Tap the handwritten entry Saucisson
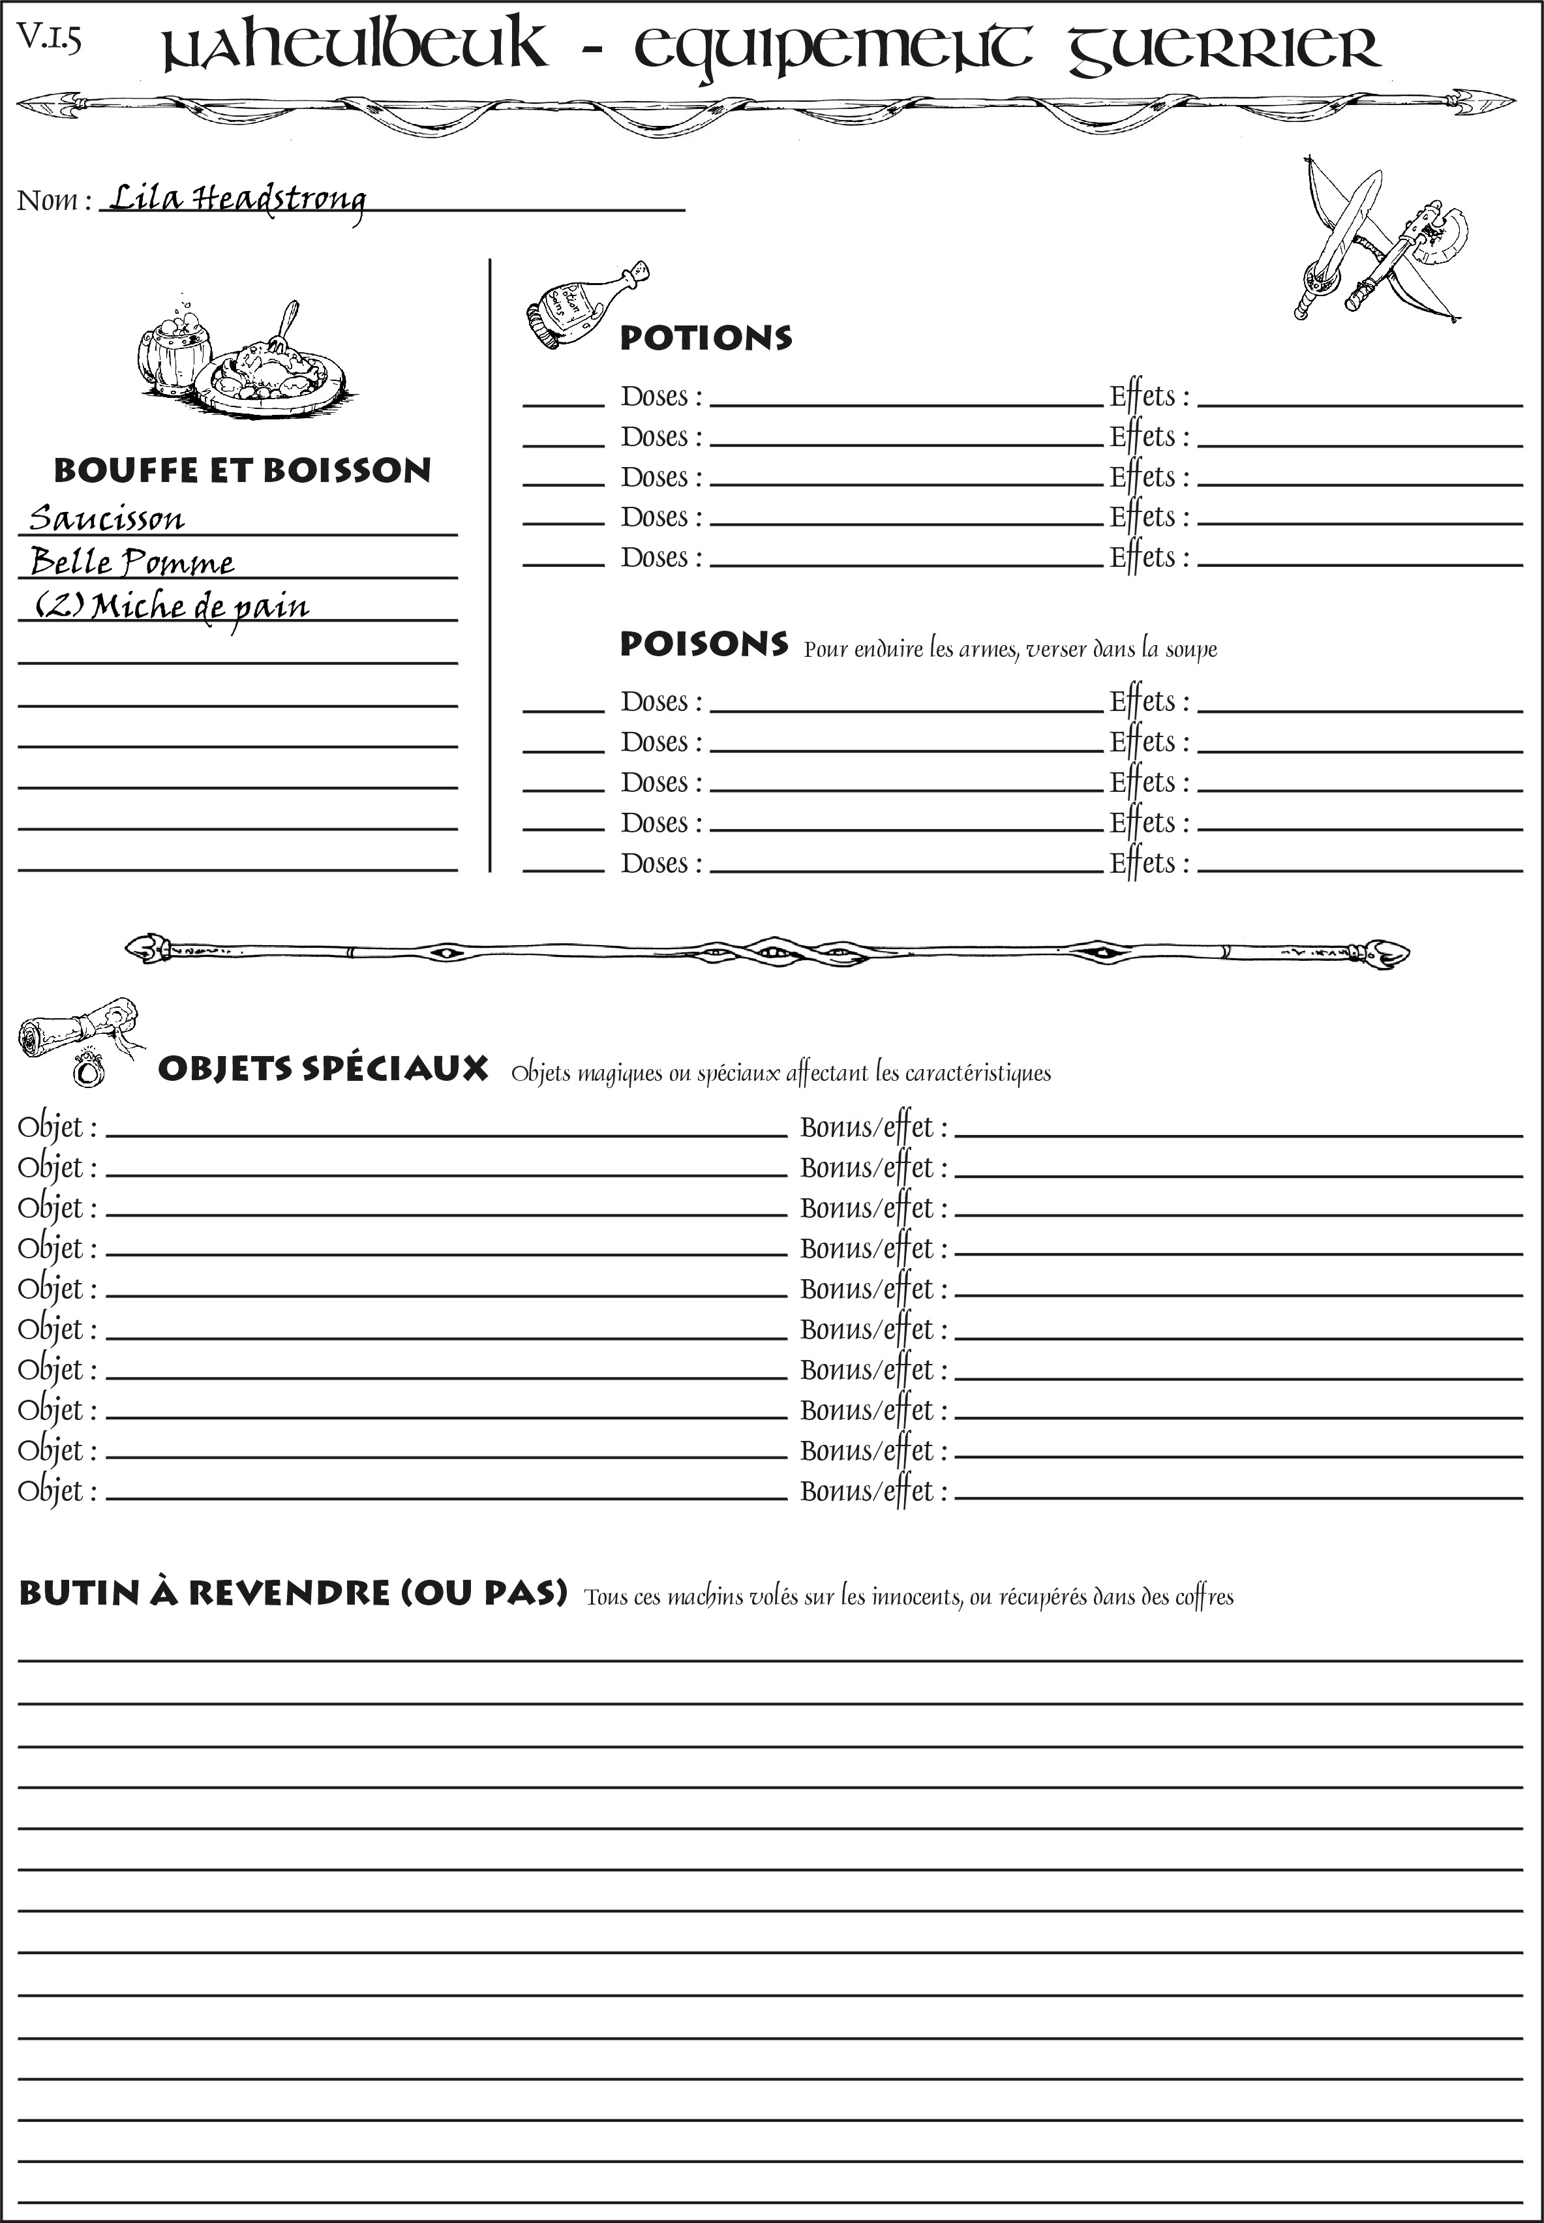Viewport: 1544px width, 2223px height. point(106,519)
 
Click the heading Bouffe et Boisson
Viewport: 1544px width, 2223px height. point(242,471)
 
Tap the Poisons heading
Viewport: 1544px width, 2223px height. point(703,644)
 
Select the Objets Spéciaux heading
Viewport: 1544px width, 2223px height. point(322,1069)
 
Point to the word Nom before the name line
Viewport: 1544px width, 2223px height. point(48,200)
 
